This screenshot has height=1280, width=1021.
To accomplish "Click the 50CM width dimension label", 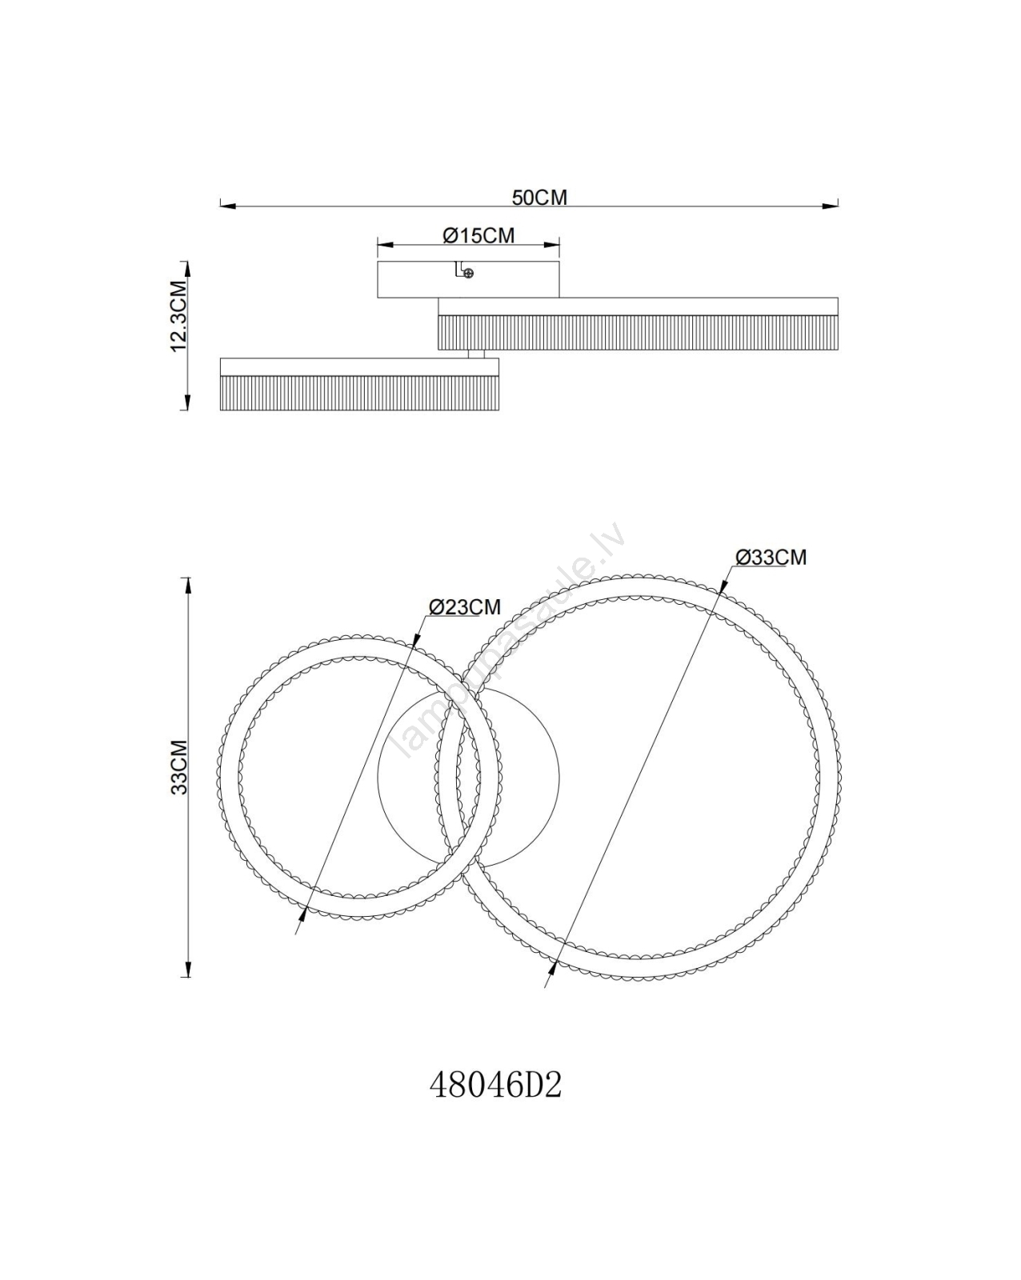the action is point(539,198).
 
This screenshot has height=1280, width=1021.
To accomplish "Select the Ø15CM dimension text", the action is point(478,235).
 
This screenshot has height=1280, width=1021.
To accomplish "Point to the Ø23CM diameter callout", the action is point(465,606).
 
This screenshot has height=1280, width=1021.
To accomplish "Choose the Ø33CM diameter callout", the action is point(771,557).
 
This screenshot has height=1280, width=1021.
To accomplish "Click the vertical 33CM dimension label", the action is point(179,766).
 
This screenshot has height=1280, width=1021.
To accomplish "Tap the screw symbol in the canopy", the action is point(468,273).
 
